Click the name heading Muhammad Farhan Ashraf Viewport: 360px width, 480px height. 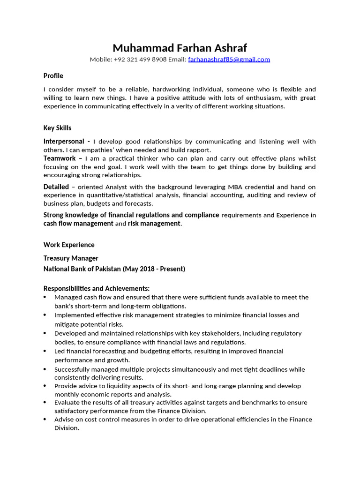180,48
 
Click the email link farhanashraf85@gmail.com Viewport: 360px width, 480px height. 229,60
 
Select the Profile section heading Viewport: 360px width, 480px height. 53,76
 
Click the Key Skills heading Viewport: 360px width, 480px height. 57,128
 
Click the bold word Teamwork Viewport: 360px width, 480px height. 60,158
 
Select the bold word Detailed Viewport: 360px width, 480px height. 56,187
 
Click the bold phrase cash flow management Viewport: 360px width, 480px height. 78,224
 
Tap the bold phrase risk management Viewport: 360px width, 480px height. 154,224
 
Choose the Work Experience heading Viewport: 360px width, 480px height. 69,245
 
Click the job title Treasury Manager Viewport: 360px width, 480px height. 71,258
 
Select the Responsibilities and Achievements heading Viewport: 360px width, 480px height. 97,288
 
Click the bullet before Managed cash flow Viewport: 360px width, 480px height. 45,297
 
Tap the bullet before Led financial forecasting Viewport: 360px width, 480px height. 45,351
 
